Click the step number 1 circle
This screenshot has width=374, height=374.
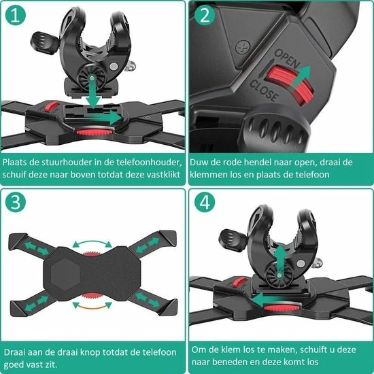(16, 16)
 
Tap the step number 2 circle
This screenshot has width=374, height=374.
(205, 16)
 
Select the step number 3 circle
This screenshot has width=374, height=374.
(16, 202)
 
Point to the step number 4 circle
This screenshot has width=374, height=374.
(205, 202)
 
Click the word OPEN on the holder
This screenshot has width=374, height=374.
(287, 59)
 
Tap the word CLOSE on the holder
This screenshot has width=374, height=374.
(264, 90)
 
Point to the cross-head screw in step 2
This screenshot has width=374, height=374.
(243, 47)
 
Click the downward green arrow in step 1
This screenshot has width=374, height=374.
(92, 92)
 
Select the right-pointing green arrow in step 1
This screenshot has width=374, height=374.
(105, 118)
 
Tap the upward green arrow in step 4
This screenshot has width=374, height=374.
(280, 260)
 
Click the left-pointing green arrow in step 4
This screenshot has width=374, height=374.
(269, 299)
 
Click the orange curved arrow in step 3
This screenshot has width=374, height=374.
(92, 307)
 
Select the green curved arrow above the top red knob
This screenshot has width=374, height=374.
(92, 242)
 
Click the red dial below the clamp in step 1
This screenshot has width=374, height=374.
(93, 131)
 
